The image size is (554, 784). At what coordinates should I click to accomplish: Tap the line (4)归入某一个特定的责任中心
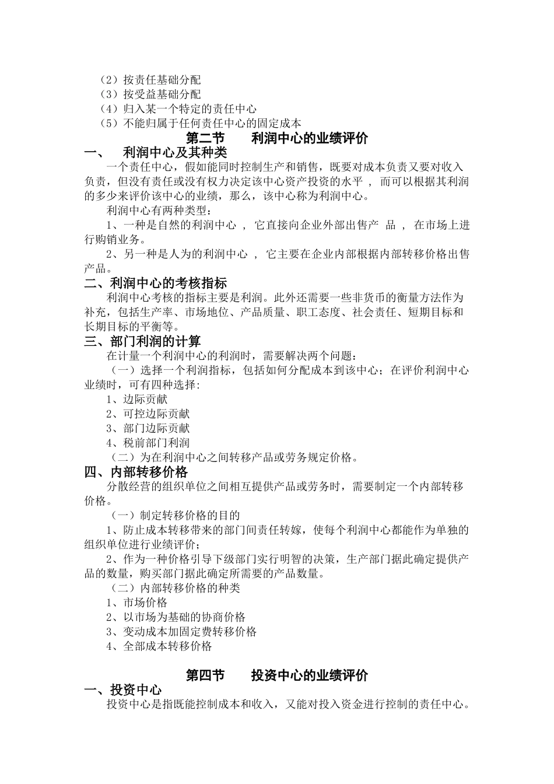178,109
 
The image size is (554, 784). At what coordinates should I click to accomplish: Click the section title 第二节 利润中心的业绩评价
277,138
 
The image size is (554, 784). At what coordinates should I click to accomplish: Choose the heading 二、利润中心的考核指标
156,283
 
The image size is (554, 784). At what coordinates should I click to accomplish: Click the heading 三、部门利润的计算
143,341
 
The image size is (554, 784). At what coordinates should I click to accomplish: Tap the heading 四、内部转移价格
136,472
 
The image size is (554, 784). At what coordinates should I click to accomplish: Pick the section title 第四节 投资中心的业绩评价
277,675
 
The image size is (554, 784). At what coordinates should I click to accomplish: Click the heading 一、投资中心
123,690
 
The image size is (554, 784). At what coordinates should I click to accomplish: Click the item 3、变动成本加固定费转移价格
181,632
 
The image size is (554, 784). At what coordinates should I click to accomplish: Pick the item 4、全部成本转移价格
159,646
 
